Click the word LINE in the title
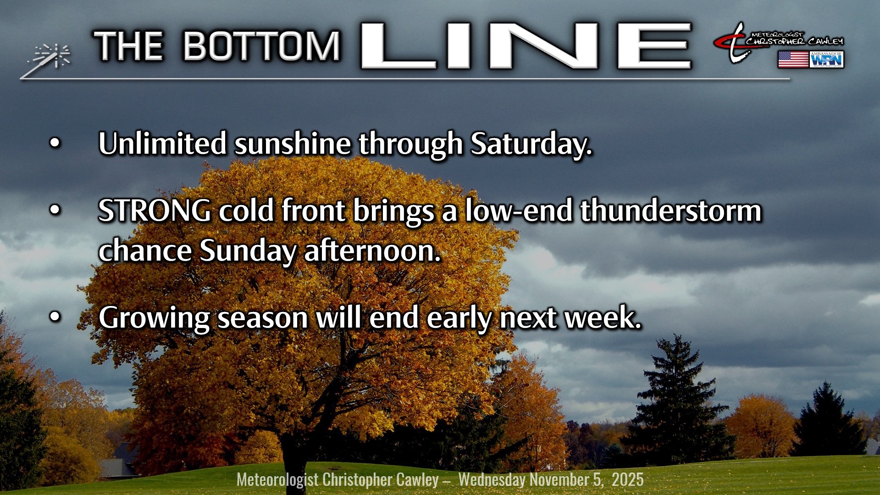[526, 46]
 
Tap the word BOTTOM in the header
[262, 46]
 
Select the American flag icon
[793, 60]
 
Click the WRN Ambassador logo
[827, 60]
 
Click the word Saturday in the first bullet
[531, 144]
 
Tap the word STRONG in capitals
[155, 211]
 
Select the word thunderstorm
[670, 211]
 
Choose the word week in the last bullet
[603, 317]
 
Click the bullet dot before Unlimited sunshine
[55, 144]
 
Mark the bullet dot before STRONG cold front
[55, 211]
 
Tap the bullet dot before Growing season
[55, 317]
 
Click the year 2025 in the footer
[627, 479]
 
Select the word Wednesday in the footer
[492, 480]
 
